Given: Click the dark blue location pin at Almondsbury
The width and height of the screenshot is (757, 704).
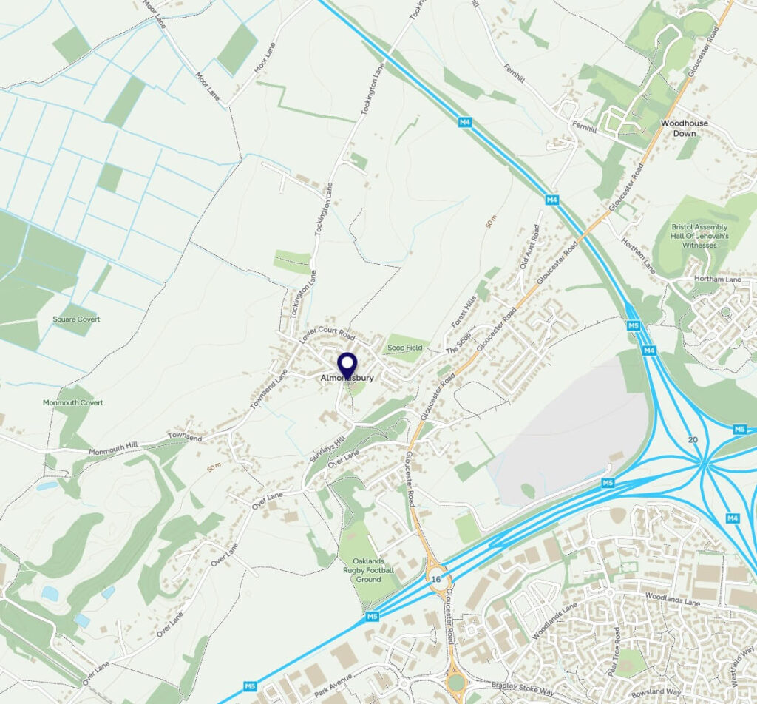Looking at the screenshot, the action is click(347, 364).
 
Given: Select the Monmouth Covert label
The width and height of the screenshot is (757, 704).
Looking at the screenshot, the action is click(72, 403).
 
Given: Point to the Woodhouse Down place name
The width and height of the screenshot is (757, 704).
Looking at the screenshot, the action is click(684, 129).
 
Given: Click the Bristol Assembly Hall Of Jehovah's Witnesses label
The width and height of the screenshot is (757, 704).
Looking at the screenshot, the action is click(699, 236).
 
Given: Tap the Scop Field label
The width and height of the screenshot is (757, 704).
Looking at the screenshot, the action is click(404, 348).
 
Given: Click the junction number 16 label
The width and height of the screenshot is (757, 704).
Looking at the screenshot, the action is click(436, 580).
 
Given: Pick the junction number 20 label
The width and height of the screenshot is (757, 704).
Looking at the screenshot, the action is click(692, 440).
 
